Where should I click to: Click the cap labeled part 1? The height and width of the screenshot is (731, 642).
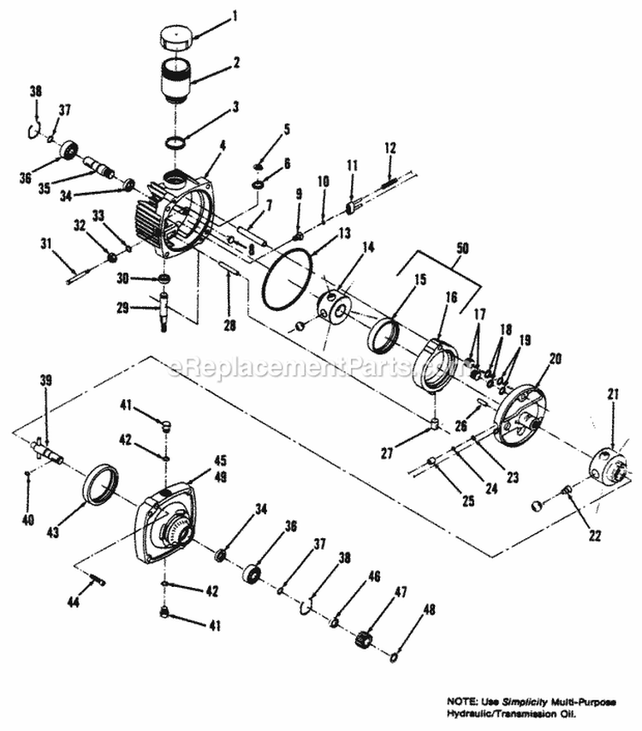pyautogui.click(x=176, y=40)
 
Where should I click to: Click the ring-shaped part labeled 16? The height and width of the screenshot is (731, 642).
pyautogui.click(x=437, y=365)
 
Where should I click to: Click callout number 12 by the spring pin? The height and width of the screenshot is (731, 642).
pyautogui.click(x=389, y=148)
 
